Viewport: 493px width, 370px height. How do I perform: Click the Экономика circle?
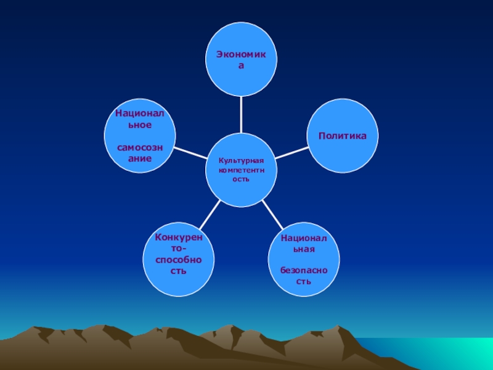(x=241, y=60)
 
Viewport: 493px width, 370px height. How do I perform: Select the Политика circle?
(x=343, y=136)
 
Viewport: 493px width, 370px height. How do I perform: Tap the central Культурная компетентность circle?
(x=241, y=170)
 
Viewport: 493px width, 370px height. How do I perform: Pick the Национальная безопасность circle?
(x=304, y=259)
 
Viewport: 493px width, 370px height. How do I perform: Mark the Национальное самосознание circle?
(x=140, y=136)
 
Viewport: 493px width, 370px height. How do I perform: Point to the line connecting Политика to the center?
(x=291, y=152)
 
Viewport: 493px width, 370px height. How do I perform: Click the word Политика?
(x=343, y=135)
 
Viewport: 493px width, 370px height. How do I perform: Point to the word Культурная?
(x=241, y=160)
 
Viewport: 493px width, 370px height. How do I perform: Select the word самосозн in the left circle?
(x=140, y=147)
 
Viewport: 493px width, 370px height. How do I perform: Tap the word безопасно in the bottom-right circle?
(x=304, y=270)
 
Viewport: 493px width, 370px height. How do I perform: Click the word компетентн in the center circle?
(x=241, y=169)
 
